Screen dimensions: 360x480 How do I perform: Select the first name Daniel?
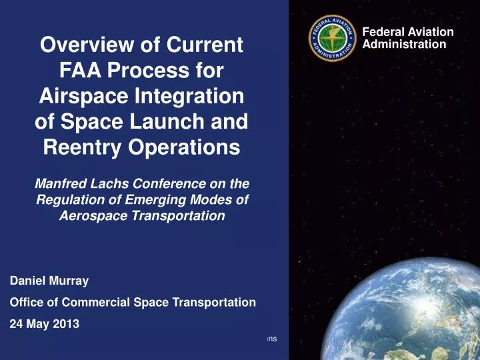click(x=26, y=281)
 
